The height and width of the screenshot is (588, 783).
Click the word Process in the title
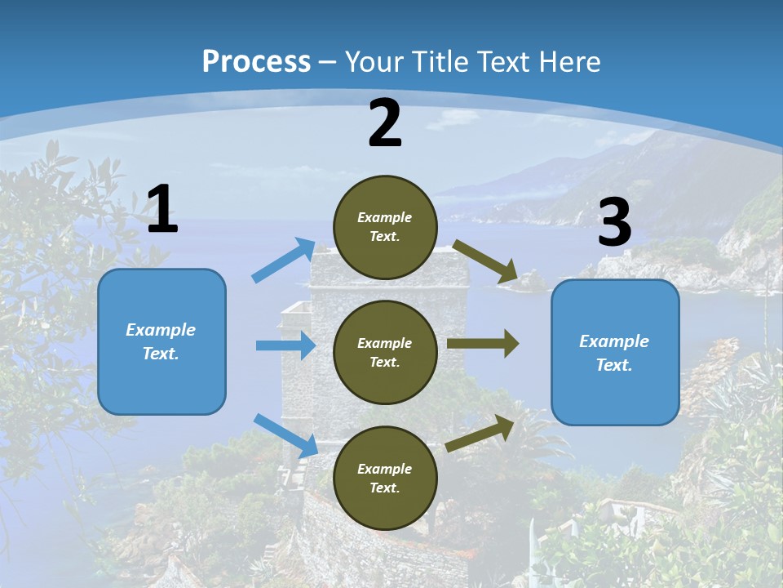pyautogui.click(x=256, y=62)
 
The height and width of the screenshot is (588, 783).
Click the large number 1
pyautogui.click(x=162, y=210)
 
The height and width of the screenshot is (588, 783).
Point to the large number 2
pyautogui.click(x=385, y=124)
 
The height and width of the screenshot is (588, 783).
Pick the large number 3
pyautogui.click(x=614, y=224)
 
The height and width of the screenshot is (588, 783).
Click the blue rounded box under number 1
pyautogui.click(x=161, y=341)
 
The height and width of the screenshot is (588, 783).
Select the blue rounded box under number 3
pyautogui.click(x=615, y=352)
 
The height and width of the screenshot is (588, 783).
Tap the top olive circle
pyautogui.click(x=385, y=227)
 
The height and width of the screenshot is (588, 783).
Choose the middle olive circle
pyautogui.click(x=385, y=352)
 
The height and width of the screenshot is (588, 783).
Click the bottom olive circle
pyautogui.click(x=385, y=478)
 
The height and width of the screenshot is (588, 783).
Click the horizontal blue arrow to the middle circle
pyautogui.click(x=285, y=345)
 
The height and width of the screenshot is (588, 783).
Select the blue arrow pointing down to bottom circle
pyautogui.click(x=286, y=435)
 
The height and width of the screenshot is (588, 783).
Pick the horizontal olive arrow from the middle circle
pyautogui.click(x=483, y=343)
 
